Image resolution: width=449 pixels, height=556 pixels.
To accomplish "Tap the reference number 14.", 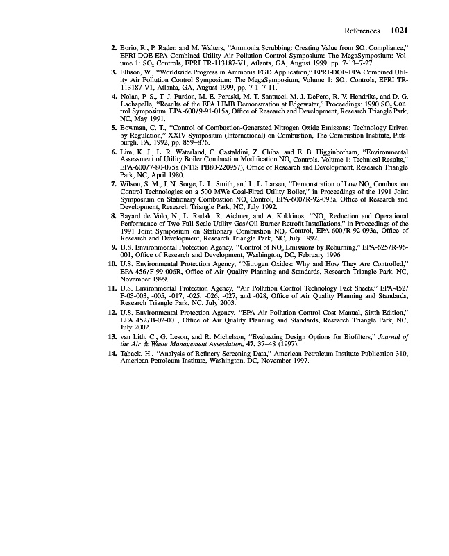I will pos(112,354).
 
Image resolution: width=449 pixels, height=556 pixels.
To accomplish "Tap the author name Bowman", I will pos(135,128).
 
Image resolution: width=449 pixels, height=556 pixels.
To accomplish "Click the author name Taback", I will pos(133,354).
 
